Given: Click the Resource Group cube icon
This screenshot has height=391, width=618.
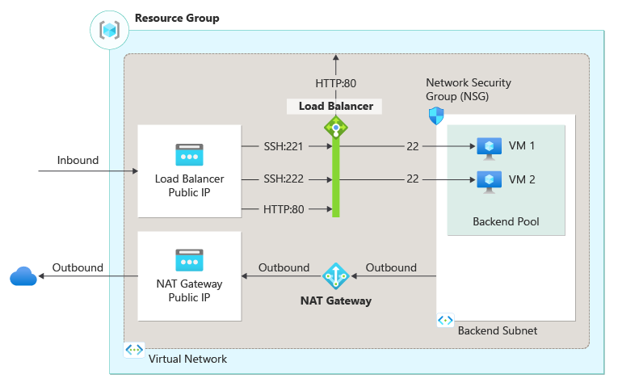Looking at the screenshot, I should (109, 30).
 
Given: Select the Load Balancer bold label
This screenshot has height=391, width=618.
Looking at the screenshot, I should (335, 106).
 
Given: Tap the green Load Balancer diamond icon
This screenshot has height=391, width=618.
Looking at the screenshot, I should (335, 127).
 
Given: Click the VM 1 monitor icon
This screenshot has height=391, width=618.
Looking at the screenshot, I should (489, 147).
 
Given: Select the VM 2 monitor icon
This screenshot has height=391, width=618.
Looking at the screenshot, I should (489, 179).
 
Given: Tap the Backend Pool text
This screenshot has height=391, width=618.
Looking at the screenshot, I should (506, 221).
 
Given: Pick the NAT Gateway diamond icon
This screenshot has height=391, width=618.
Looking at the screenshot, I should (335, 276).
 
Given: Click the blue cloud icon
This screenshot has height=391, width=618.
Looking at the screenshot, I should (23, 277).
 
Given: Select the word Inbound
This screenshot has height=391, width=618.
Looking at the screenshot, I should (78, 160).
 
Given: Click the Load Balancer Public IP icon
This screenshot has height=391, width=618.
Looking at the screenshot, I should (189, 154).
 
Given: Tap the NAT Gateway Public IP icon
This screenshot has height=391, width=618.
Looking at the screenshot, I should (189, 260).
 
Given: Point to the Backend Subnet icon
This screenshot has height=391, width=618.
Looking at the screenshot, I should (445, 321).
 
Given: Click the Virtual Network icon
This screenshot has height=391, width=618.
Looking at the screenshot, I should (133, 350).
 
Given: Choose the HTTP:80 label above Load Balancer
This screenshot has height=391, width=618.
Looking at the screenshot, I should (336, 82).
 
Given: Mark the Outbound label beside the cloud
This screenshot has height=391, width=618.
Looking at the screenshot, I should (78, 267).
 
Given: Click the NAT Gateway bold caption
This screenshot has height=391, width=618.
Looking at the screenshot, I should (335, 301).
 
